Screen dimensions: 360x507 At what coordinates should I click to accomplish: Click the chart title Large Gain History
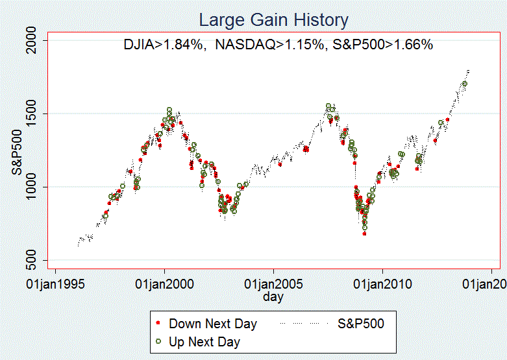(x=273, y=20)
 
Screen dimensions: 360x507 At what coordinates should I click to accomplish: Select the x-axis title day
(x=273, y=297)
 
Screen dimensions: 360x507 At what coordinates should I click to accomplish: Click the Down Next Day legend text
(x=213, y=323)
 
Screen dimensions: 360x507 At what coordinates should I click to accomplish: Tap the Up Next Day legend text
(x=204, y=341)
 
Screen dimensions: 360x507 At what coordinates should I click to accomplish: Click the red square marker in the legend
(x=158, y=323)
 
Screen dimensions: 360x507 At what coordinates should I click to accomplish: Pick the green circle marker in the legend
(x=158, y=341)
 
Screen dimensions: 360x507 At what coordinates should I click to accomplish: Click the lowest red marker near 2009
(x=364, y=234)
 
